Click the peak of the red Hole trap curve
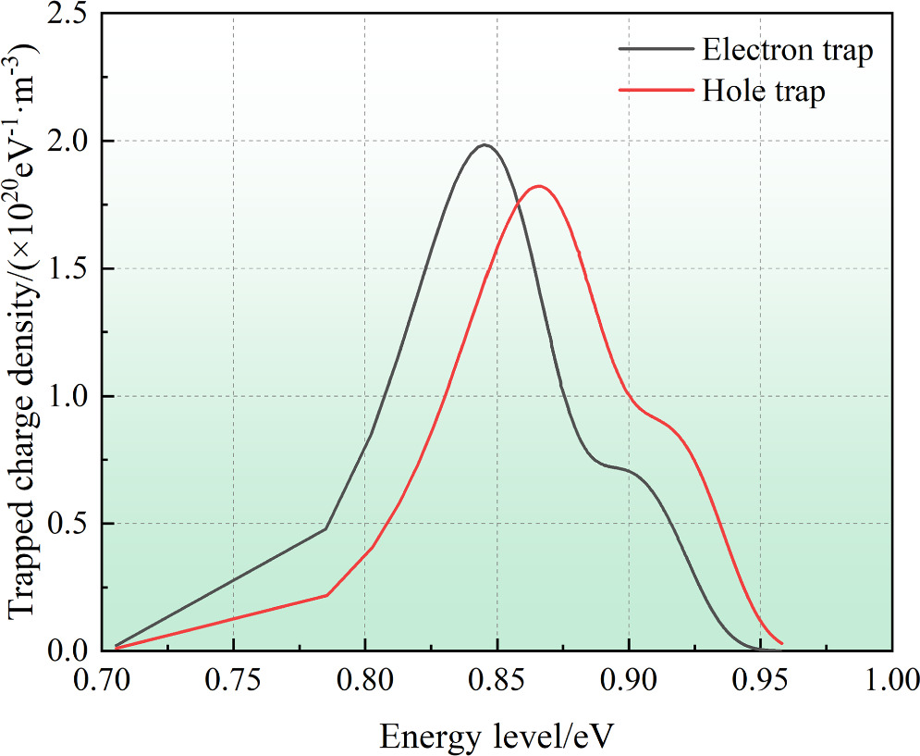click(x=538, y=186)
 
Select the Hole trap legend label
click(x=763, y=92)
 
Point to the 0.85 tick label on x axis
click(x=497, y=683)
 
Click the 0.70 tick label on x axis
click(x=102, y=683)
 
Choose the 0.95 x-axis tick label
click(x=760, y=683)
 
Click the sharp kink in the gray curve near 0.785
click(x=326, y=528)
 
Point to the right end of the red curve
click(x=782, y=643)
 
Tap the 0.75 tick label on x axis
click(x=233, y=683)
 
